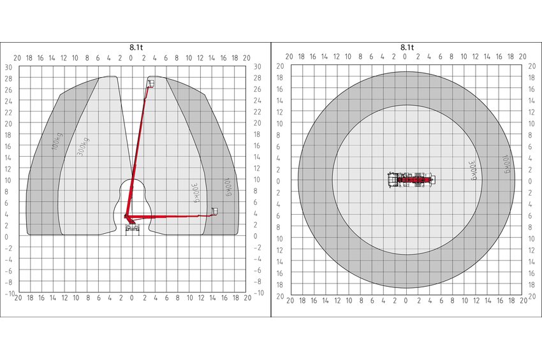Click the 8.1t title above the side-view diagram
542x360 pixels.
tap(136, 47)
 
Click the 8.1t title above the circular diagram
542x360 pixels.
tap(407, 47)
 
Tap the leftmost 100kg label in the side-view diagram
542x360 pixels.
tap(57, 141)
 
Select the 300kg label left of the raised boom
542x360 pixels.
tap(83, 147)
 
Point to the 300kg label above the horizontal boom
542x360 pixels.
tap(196, 193)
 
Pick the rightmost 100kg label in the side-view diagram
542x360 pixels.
tap(228, 187)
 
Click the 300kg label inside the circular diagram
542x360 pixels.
tap(472, 170)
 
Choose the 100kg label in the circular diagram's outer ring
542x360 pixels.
tap(506, 164)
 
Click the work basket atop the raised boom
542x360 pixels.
tap(151, 83)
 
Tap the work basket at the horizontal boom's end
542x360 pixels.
tap(215, 211)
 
